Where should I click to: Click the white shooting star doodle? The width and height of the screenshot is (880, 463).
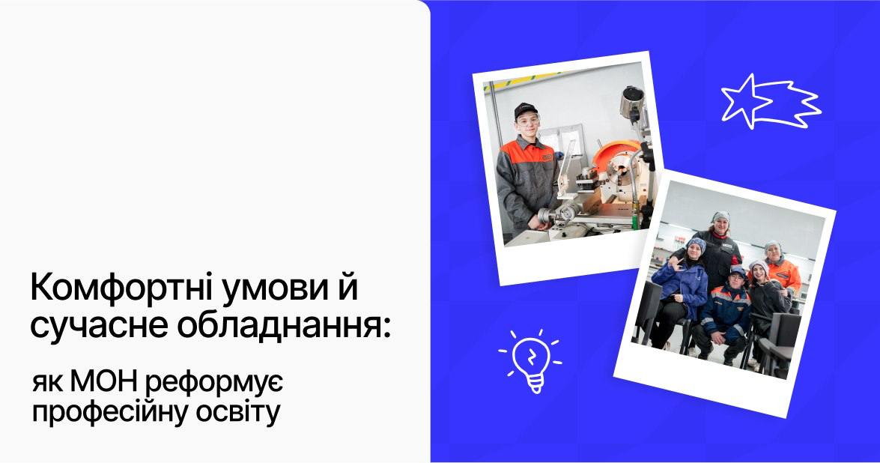pyautogui.click(x=770, y=102)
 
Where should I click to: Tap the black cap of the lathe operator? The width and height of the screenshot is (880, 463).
pyautogui.click(x=525, y=110)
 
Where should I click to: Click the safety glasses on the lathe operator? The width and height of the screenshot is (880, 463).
pyautogui.click(x=529, y=120)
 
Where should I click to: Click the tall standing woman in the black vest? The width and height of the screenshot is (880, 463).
pyautogui.click(x=716, y=247)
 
